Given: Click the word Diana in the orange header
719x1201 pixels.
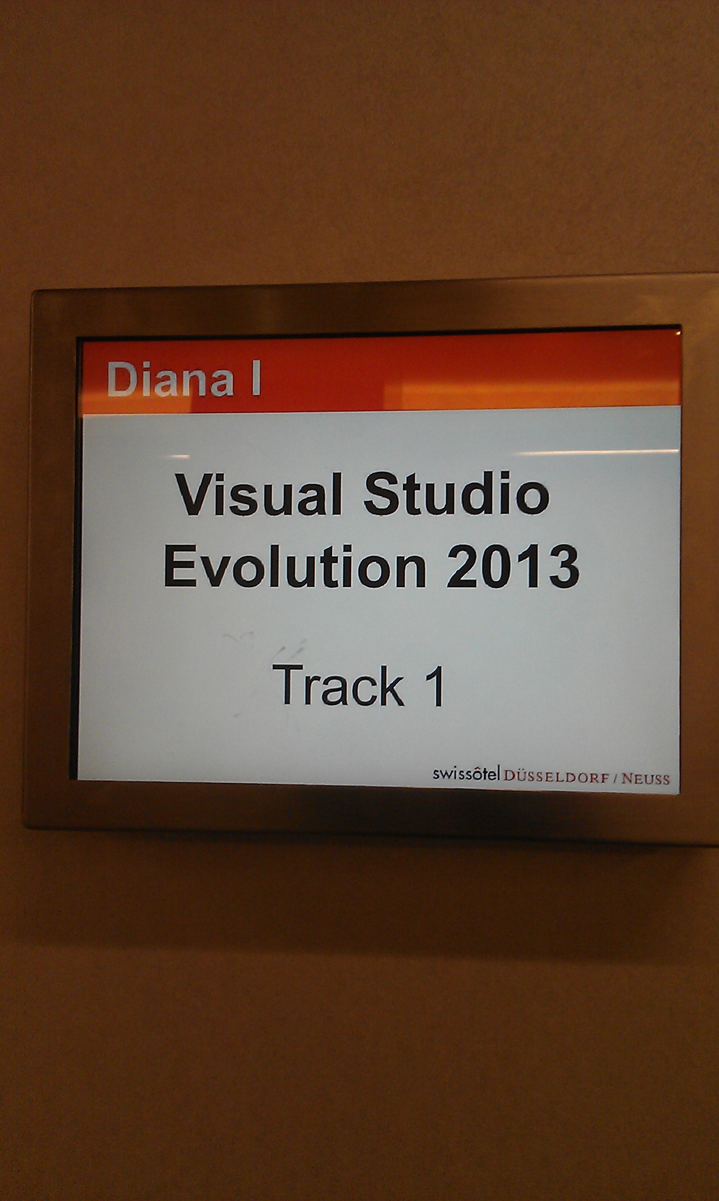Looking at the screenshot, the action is point(170,379).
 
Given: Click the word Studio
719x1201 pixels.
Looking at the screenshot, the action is point(457,493).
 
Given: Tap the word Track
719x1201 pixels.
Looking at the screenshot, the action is point(338,685).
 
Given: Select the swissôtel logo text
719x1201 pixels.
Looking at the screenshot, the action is point(466,774).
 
